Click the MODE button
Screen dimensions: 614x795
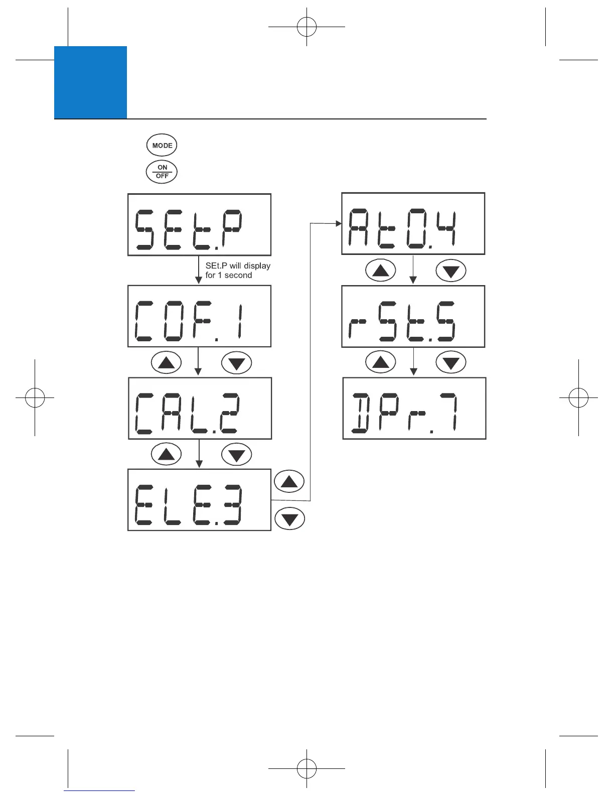162,146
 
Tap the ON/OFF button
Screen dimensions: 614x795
162,172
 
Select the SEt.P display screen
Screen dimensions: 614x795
199,224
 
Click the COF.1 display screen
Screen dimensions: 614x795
199,316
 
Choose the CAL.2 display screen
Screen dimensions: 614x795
200,408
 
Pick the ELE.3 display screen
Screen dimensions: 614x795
199,500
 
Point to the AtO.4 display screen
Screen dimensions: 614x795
413,223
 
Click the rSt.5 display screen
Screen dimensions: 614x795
413,316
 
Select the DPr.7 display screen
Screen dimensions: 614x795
414,408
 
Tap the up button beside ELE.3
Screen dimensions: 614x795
289,482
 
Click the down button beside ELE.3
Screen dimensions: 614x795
289,518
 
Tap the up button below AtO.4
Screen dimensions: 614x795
381,271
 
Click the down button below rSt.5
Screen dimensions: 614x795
451,362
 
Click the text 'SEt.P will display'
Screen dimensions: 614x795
238,266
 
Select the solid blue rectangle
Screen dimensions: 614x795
90,82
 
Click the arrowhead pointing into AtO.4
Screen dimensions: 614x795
339,224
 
